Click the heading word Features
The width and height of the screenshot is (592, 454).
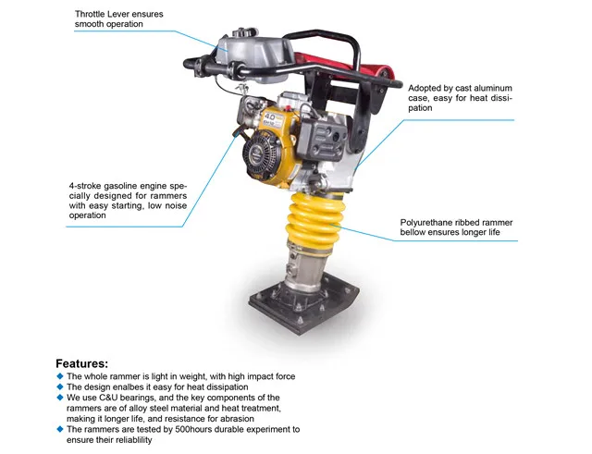point(81,363)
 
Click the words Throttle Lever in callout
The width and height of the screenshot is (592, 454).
point(106,14)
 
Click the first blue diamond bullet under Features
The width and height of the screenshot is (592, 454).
point(60,376)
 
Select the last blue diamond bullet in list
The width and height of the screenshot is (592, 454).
point(60,429)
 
